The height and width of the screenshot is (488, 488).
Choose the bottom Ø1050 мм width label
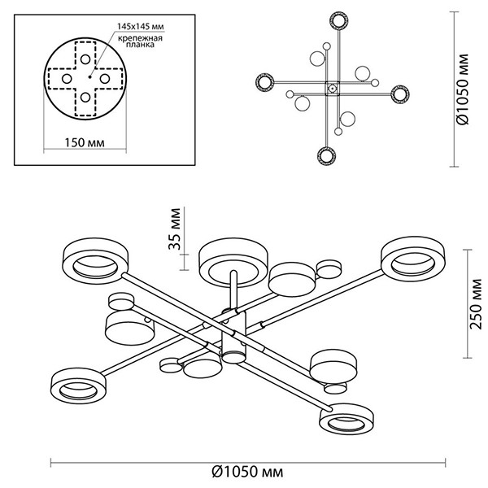[253, 470]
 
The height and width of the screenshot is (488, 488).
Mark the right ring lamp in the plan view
[399, 93]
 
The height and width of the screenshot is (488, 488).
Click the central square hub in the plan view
[332, 88]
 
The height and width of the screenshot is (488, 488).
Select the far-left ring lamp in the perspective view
[92, 259]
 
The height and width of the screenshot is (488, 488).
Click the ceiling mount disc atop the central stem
[232, 259]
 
